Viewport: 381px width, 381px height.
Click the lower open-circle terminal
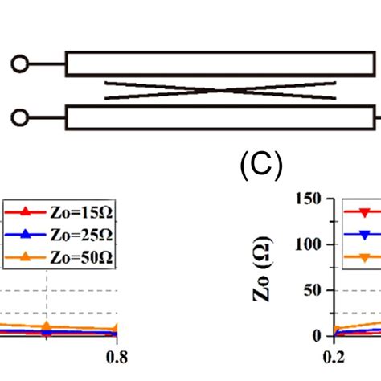coord(19,117)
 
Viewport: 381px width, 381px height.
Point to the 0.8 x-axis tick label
coord(117,357)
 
